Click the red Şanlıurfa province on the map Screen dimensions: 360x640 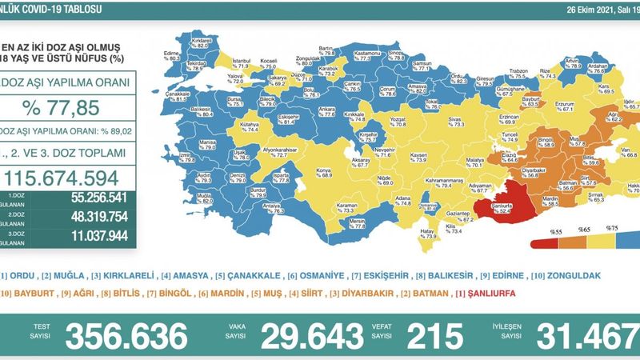(502, 207)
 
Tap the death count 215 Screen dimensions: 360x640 (437, 335)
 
